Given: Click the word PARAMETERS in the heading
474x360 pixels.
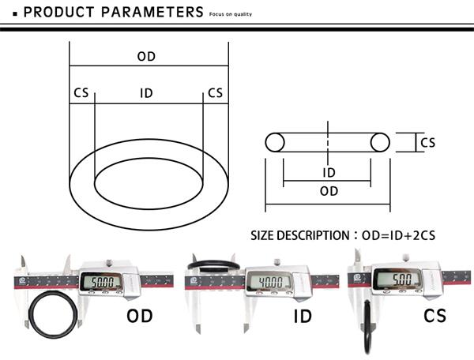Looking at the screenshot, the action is tap(152, 12).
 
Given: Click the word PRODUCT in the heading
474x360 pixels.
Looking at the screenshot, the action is tap(59, 12).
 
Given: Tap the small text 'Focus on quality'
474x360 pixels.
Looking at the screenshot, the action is tap(231, 14).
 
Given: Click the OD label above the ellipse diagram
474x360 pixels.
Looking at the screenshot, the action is tap(146, 57).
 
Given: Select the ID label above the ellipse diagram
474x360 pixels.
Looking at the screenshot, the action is tap(146, 93).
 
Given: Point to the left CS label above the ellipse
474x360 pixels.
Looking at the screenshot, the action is tap(81, 92).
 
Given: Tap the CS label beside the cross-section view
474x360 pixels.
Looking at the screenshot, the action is tap(427, 143).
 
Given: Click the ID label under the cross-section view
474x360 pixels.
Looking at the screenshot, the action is tap(329, 173).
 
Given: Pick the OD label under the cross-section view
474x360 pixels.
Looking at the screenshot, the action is tap(329, 191).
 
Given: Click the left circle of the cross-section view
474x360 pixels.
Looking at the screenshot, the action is tap(265, 142).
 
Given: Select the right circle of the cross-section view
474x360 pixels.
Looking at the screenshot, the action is tap(389, 142).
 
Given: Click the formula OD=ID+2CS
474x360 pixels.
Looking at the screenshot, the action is tap(398, 235).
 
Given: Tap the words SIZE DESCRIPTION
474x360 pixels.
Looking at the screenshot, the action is tap(299, 235).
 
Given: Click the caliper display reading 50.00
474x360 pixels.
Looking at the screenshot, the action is tap(102, 283).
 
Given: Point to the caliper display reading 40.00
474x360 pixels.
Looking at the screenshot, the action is tap(271, 282).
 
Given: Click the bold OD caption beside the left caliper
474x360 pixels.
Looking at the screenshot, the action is tap(139, 316).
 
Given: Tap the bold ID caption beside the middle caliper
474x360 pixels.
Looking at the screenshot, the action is tap(303, 317).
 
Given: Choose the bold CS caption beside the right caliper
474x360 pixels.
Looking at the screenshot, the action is tap(434, 316).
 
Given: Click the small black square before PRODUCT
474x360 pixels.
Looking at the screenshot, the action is tap(15, 14).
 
